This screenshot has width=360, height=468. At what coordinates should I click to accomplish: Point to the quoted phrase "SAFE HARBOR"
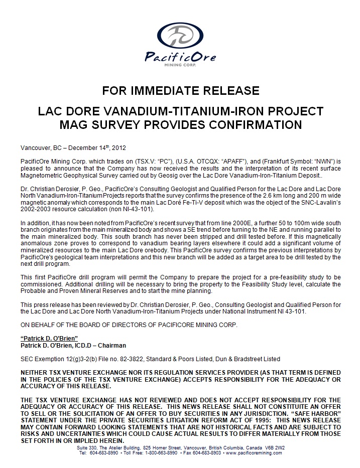pyautogui.click(x=315, y=413)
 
